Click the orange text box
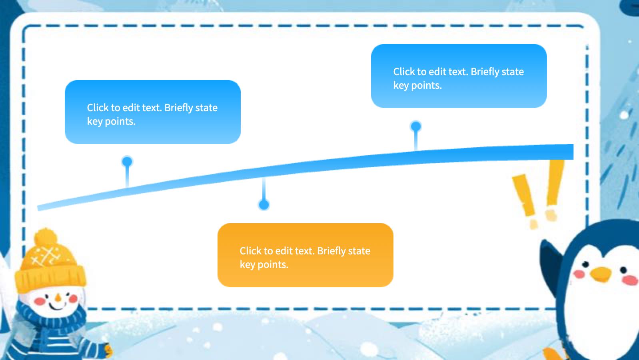pos(305,255)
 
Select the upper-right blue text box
pos(459,76)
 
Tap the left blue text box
pos(153,112)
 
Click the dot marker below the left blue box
pos(127,162)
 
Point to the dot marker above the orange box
pos(264,205)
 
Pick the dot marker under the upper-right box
pos(416,126)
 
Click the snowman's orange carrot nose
pos(58,298)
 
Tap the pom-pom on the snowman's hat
pos(46,238)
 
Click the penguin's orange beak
pos(601,274)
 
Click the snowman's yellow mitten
pos(108,350)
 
